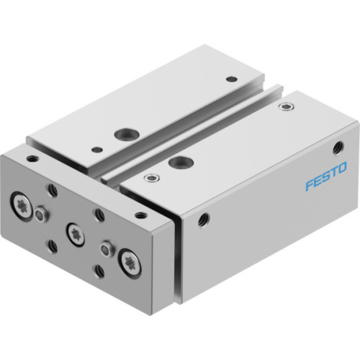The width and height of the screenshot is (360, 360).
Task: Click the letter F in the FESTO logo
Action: click(308, 186)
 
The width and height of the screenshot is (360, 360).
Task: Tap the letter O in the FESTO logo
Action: click(343, 169)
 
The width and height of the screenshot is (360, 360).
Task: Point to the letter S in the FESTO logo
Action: click(325, 177)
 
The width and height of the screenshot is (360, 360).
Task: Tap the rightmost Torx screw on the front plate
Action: click(130, 259)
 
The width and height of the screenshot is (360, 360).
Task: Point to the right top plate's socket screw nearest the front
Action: click(149, 177)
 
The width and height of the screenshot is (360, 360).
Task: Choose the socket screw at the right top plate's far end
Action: click(289, 107)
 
